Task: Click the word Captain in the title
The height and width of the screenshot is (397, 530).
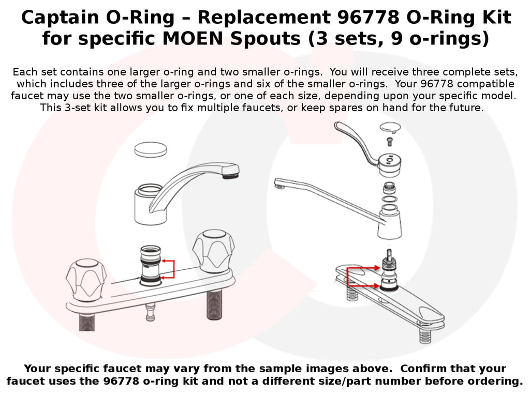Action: point(61,17)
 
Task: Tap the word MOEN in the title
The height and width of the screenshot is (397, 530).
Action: point(193,38)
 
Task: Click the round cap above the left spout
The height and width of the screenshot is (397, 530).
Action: point(151,149)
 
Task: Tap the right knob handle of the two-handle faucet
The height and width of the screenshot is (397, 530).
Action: point(213,251)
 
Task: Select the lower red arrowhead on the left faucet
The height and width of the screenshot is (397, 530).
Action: point(164,278)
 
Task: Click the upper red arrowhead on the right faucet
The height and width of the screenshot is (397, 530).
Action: point(377,268)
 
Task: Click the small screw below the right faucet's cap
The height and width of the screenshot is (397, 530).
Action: point(390,142)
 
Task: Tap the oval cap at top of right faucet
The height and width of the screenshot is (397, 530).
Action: point(390,127)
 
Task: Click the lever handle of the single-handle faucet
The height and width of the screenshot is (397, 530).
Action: point(356,142)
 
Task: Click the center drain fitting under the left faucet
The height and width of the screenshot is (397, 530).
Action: point(151,313)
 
